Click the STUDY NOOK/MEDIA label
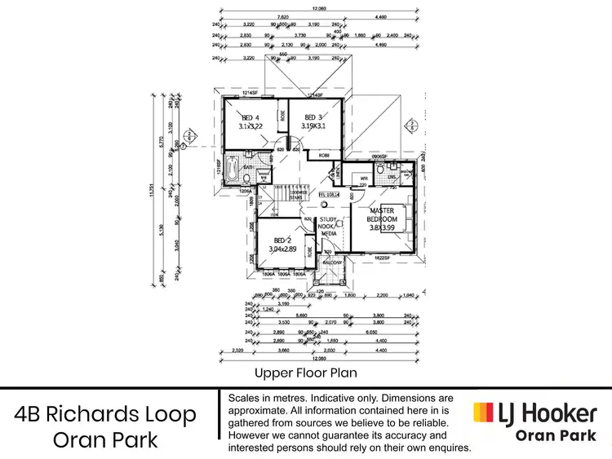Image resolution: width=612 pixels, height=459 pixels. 329,226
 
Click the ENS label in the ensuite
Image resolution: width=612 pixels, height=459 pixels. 392,176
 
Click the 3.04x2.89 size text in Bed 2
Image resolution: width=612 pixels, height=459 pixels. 283,249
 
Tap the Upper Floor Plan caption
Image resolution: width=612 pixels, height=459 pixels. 305,373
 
